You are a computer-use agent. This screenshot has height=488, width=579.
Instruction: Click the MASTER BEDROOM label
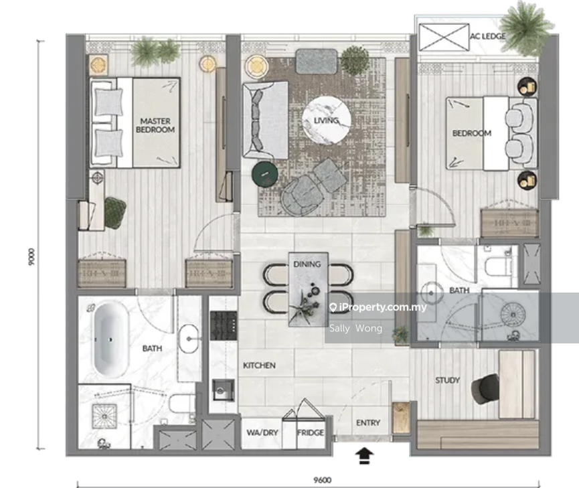(155, 125)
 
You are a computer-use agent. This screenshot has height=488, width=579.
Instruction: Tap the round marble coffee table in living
(326, 120)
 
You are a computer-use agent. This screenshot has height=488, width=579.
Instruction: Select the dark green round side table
(265, 173)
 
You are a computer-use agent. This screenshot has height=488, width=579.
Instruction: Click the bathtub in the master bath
(110, 340)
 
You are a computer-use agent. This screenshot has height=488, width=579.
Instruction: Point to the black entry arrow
(364, 455)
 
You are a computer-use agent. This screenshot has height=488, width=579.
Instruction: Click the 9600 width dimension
(322, 480)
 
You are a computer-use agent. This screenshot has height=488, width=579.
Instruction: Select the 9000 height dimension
(31, 256)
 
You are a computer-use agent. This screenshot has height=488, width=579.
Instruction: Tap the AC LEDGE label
(487, 36)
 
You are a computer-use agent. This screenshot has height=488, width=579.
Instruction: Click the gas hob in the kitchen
(224, 325)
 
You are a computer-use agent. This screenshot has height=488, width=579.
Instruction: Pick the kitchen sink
(223, 390)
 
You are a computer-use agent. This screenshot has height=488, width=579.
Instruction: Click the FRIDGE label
(311, 432)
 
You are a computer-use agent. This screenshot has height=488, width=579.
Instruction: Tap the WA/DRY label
(262, 432)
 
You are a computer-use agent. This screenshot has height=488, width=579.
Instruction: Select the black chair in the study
(485, 389)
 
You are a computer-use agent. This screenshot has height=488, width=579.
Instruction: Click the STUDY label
(447, 380)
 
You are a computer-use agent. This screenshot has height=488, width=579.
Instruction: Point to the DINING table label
(307, 264)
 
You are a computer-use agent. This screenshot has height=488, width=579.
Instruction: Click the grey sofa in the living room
(265, 120)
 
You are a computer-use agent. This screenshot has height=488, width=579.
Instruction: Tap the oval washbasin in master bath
(189, 339)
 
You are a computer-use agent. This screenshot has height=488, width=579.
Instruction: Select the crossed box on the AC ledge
(444, 37)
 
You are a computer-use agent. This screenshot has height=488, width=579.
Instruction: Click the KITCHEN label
(259, 365)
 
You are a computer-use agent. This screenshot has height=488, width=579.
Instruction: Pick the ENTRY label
(368, 422)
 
